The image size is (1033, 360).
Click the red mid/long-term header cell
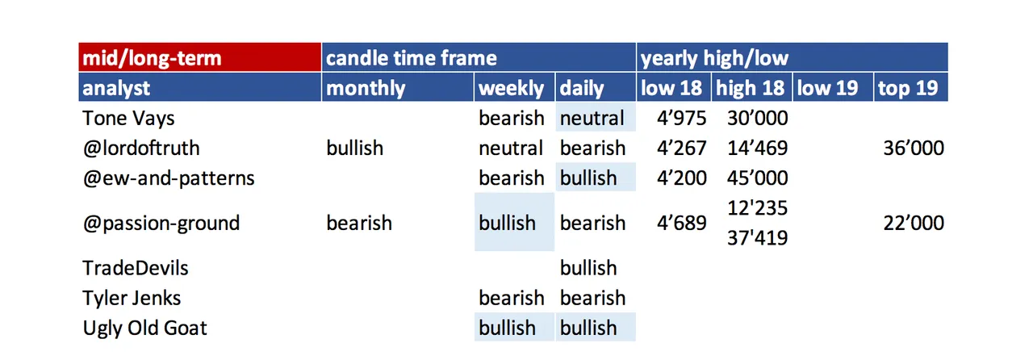(199, 57)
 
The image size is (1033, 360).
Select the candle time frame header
(479, 57)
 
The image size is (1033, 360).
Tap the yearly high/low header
(793, 57)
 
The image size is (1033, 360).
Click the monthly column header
(398, 87)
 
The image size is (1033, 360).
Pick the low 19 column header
(833, 87)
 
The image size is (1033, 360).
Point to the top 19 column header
(911, 87)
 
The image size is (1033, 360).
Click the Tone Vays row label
(128, 118)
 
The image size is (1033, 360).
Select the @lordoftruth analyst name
(141, 149)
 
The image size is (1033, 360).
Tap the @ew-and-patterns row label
(169, 178)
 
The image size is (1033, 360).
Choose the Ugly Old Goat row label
(144, 329)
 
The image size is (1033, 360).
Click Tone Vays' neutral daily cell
(596, 117)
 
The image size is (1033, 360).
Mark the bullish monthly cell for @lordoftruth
(354, 149)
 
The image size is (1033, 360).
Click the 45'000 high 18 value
(758, 178)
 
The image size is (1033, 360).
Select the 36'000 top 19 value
(914, 149)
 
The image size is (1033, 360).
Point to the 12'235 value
(758, 208)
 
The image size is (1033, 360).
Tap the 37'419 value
(758, 238)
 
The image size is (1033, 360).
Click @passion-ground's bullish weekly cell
(514, 222)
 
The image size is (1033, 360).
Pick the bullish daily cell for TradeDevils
(588, 268)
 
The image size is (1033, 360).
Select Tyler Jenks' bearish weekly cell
(512, 298)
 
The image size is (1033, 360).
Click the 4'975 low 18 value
(682, 118)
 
